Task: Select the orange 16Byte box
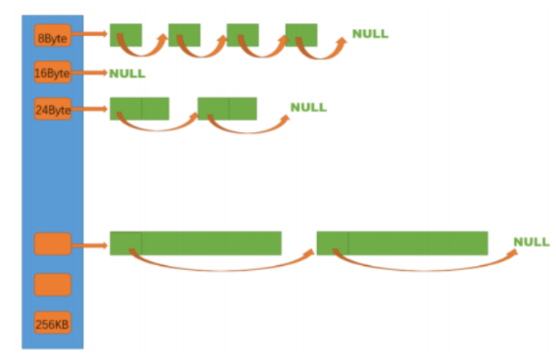52,73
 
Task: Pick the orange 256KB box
52,323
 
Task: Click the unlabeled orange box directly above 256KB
52,285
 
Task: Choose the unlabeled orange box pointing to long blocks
52,244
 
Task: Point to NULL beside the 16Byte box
127,73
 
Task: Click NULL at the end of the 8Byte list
370,34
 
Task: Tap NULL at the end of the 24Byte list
308,108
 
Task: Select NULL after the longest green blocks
532,242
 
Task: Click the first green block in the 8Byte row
126,35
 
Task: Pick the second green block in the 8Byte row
184,35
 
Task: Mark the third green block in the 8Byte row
243,35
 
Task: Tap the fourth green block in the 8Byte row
301,35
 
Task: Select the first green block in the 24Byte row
139,109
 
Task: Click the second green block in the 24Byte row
227,109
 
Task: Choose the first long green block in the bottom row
195,243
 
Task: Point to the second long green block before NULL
402,243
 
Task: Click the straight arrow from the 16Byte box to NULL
90,73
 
